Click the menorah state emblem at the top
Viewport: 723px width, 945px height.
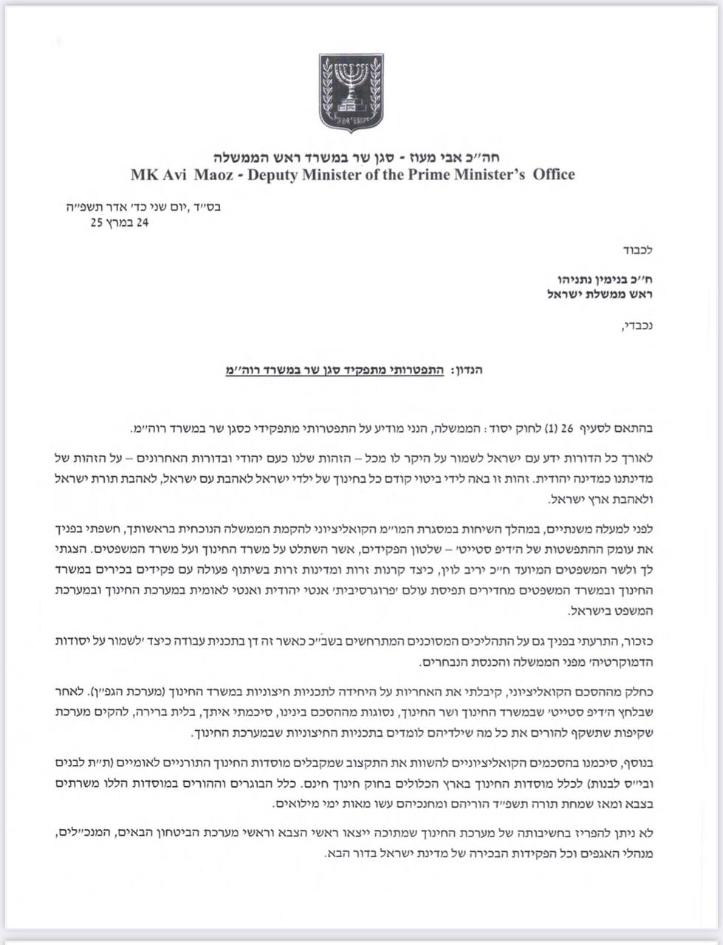coord(351,92)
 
